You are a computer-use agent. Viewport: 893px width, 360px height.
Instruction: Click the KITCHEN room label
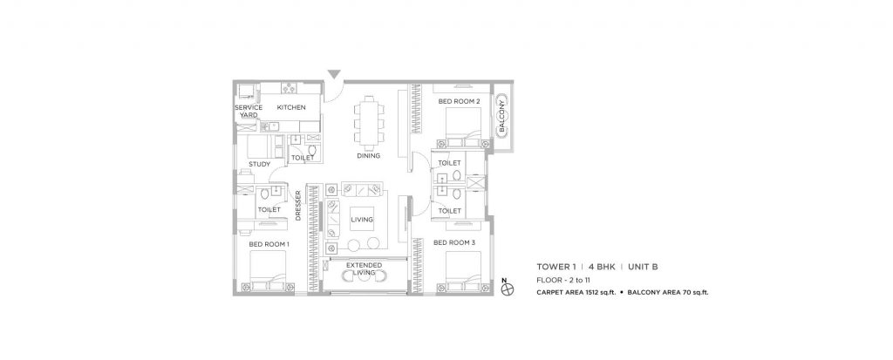point(291,107)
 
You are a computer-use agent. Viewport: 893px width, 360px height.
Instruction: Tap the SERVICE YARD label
point(249,111)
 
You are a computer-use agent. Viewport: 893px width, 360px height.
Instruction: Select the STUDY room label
point(259,164)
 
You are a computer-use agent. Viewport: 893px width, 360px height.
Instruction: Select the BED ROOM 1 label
point(269,244)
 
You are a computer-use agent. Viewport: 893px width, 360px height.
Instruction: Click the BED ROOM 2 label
point(460,101)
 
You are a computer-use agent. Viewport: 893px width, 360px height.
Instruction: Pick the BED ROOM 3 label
point(453,242)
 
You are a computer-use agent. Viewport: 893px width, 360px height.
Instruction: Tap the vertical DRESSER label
point(298,206)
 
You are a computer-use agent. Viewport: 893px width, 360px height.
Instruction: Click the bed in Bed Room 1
point(269,275)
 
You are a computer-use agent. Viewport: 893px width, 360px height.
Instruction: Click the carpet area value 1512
point(599,293)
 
